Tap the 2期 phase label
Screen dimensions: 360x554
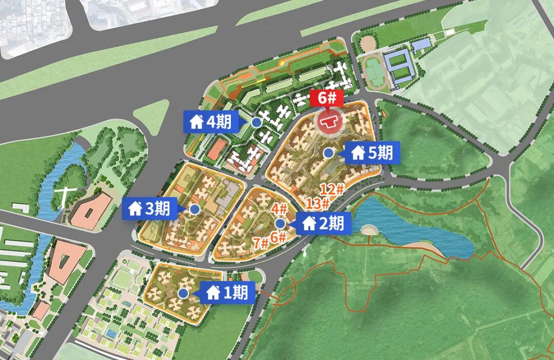[323, 224]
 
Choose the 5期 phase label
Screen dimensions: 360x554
[372, 152]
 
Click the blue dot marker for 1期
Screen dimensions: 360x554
[183, 293]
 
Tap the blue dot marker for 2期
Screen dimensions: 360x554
[280, 224]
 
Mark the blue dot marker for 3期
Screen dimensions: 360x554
[194, 209]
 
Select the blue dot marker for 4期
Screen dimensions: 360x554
[256, 122]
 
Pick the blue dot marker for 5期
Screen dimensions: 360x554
[329, 152]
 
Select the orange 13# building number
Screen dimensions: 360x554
[318, 204]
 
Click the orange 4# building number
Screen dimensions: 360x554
[279, 209]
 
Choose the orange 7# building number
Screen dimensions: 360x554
[260, 243]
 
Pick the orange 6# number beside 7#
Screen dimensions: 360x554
[278, 237]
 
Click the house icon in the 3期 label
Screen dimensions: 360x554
[135, 209]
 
